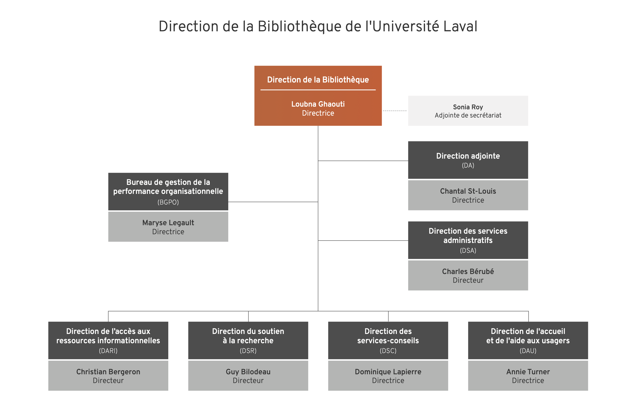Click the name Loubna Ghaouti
pyautogui.click(x=318, y=104)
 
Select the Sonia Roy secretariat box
pyautogui.click(x=468, y=111)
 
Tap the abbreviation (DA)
pyautogui.click(x=468, y=166)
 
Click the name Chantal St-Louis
pyautogui.click(x=468, y=191)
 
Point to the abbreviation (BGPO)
pyautogui.click(x=168, y=202)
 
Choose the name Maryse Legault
pyautogui.click(x=168, y=223)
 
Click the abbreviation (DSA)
pyautogui.click(x=468, y=251)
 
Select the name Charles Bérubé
pyautogui.click(x=468, y=271)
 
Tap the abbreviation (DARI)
pyautogui.click(x=108, y=351)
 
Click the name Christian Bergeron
pyautogui.click(x=108, y=372)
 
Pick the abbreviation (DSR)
pyautogui.click(x=248, y=351)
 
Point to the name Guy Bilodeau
pyautogui.click(x=248, y=372)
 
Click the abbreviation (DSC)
pyautogui.click(x=388, y=351)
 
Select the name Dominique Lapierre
pyautogui.click(x=388, y=372)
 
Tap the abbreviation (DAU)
pyautogui.click(x=528, y=351)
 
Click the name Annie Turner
pyautogui.click(x=528, y=372)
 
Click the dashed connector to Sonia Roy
pyautogui.click(x=395, y=111)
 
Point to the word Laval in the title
pyautogui.click(x=460, y=27)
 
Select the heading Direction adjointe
pyautogui.click(x=468, y=156)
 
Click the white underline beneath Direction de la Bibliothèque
pyautogui.click(x=318, y=90)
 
